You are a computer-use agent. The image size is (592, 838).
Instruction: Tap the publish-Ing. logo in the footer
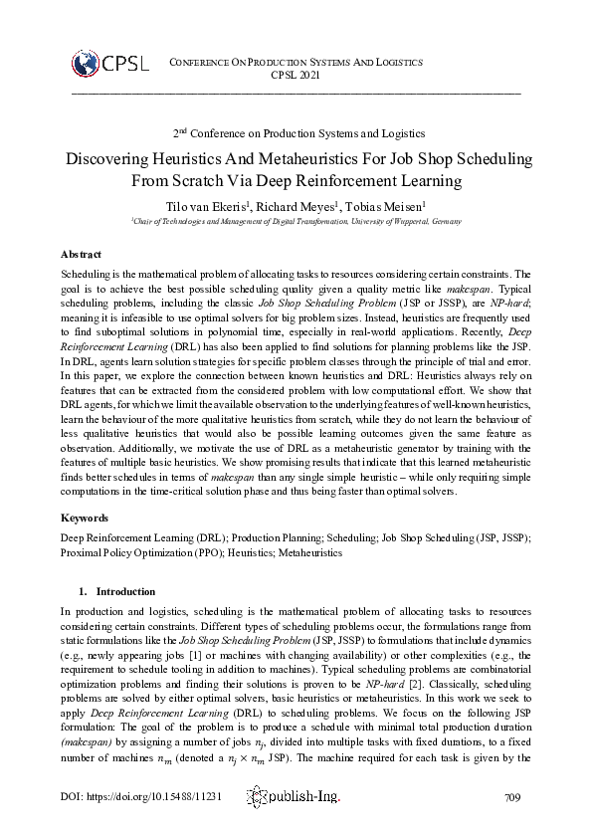click(296, 796)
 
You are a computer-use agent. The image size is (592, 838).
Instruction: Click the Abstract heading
click(81, 255)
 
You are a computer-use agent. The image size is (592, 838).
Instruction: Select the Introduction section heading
click(125, 590)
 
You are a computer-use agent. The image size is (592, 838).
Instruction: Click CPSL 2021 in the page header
click(296, 75)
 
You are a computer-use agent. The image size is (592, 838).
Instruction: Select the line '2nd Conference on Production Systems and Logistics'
click(296, 132)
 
